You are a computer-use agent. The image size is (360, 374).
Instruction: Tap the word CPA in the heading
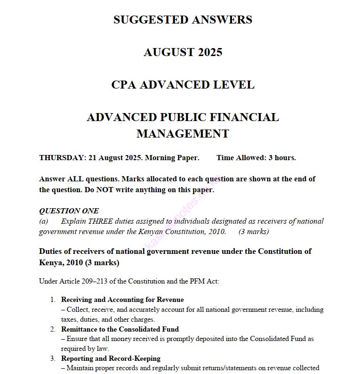[124, 85]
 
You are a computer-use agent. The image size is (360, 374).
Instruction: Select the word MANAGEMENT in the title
[183, 134]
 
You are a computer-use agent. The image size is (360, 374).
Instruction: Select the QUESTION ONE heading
[69, 211]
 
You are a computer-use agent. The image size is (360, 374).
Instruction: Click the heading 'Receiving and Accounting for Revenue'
[122, 300]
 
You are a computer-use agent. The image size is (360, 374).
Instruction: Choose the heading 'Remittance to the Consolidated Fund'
[120, 329]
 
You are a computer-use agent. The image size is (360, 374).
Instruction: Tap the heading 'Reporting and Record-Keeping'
[111, 358]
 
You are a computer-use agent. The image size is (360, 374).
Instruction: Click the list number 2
[53, 329]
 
